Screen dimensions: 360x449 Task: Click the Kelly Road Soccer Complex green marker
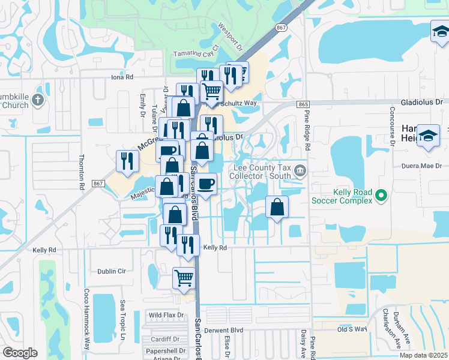click(381, 195)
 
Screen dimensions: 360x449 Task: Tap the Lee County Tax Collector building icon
click(300, 172)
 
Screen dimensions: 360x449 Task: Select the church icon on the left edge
click(37, 100)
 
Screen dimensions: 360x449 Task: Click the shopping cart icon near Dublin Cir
click(184, 278)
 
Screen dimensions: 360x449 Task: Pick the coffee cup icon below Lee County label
click(206, 184)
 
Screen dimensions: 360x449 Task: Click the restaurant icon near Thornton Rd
click(127, 160)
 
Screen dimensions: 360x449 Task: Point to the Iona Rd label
click(121, 77)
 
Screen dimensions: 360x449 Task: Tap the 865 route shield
click(303, 104)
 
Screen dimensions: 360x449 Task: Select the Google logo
click(20, 353)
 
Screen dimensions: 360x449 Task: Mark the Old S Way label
click(351, 329)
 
